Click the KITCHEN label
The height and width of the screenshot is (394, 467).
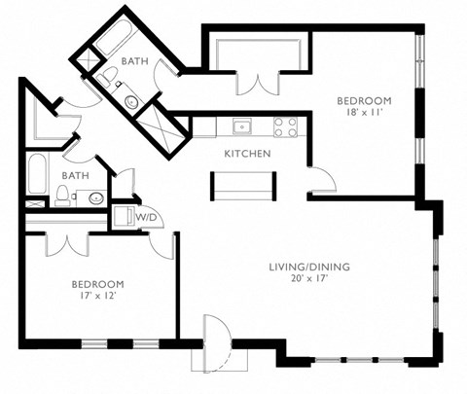[x=247, y=154]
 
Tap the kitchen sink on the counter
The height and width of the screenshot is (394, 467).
[x=240, y=126]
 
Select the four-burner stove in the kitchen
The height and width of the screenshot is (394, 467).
[x=284, y=126]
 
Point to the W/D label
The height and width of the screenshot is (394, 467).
[x=146, y=217]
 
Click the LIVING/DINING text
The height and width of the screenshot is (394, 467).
[x=309, y=267]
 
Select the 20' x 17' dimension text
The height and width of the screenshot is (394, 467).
[x=309, y=280]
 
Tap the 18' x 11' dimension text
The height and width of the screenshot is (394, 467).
[x=364, y=114]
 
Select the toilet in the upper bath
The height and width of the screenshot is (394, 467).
[x=130, y=100]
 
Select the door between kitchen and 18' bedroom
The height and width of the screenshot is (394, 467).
[x=321, y=180]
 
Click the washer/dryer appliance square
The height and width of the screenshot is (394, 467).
[x=125, y=216]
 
